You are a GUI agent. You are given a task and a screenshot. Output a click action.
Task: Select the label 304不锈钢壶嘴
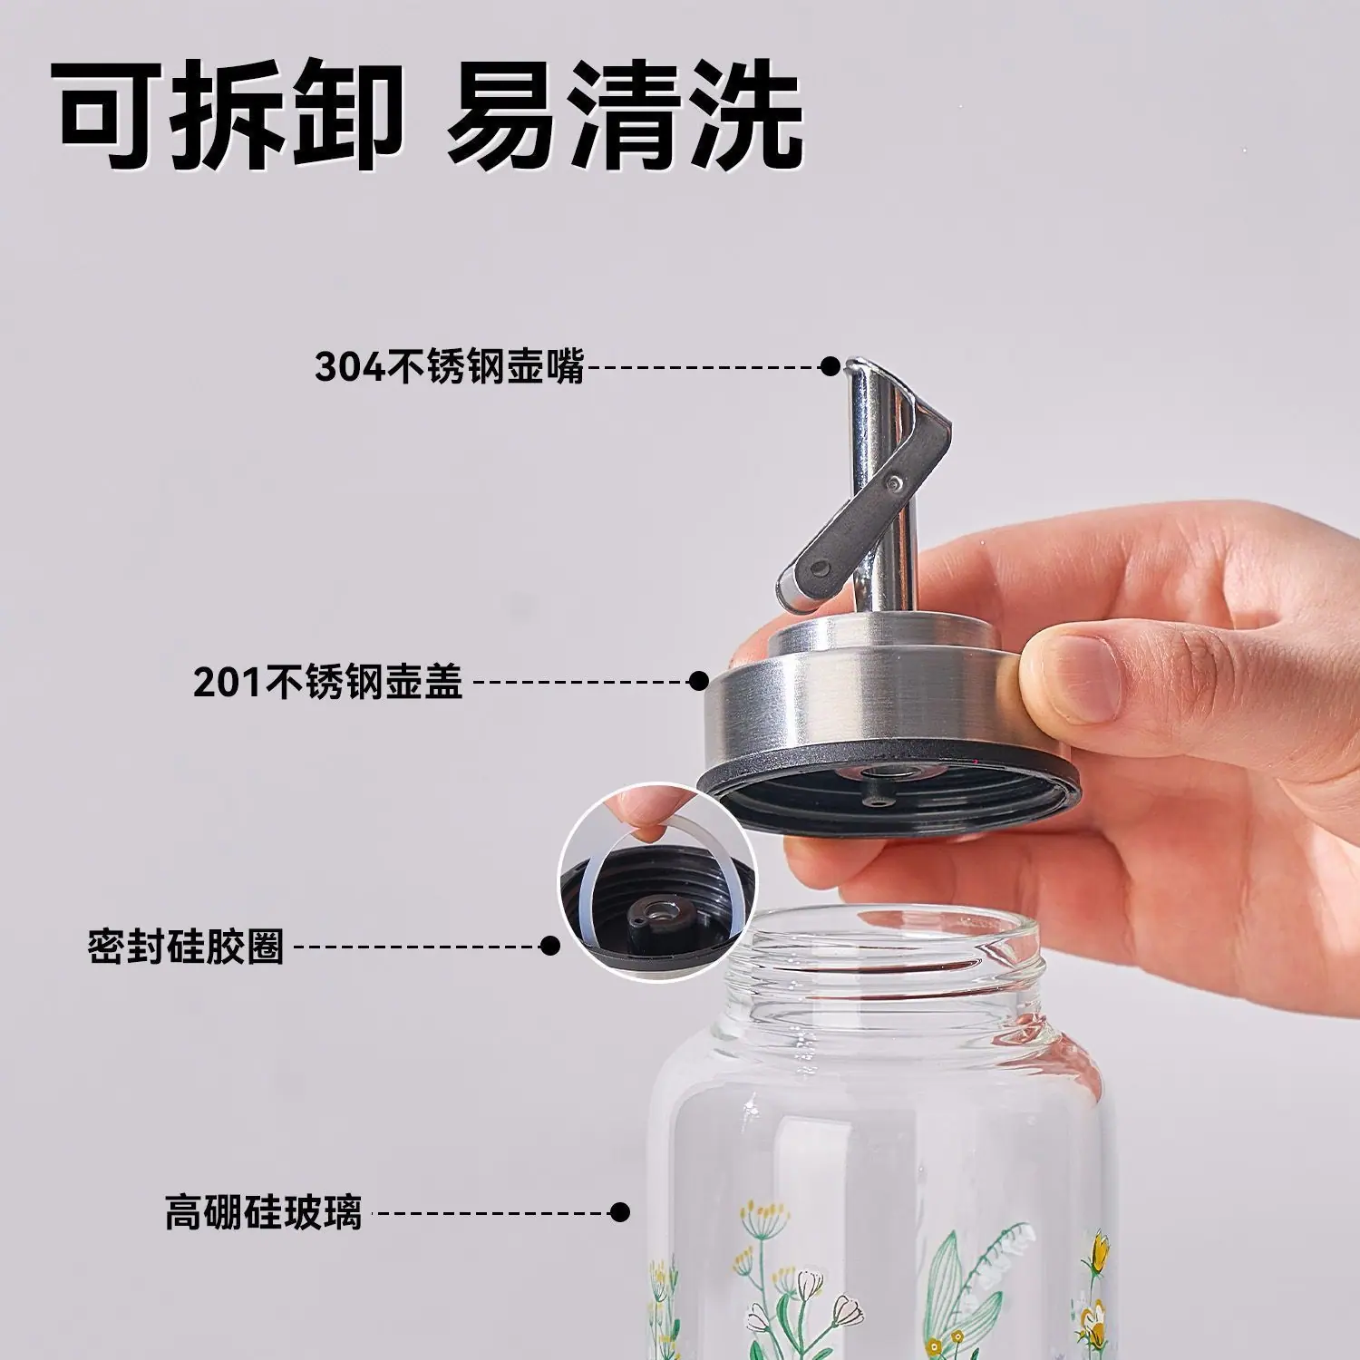coord(450,366)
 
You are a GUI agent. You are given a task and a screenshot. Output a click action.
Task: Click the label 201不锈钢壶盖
coord(328,681)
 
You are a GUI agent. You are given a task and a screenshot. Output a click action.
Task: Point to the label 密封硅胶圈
coord(186,947)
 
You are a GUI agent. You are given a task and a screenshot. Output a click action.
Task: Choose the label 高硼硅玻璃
coord(263,1212)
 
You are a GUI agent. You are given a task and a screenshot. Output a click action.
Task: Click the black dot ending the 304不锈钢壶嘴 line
coord(830,366)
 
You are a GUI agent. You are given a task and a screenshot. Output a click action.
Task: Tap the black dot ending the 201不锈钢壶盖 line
coord(698,681)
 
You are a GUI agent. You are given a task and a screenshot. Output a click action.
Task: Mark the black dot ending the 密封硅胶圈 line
coord(549,947)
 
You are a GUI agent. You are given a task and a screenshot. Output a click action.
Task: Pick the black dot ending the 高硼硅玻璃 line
coord(620,1212)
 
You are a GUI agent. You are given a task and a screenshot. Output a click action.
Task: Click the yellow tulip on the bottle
coord(1098,1251)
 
